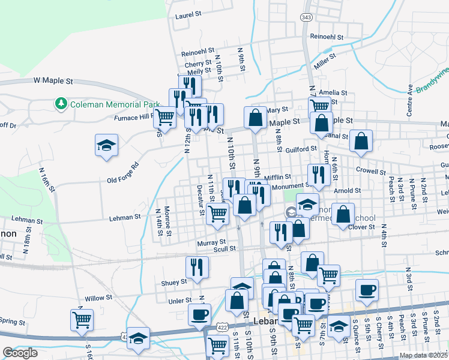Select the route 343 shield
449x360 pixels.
tap(307, 17)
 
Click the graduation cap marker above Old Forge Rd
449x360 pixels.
tap(106, 146)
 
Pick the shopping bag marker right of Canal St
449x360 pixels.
tap(362, 142)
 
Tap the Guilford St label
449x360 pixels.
tap(301, 149)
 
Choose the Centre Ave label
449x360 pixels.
tap(411, 100)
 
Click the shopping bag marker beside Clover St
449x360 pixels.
tap(342, 215)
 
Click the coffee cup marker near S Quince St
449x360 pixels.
tap(366, 290)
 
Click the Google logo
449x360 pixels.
tap(20, 353)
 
